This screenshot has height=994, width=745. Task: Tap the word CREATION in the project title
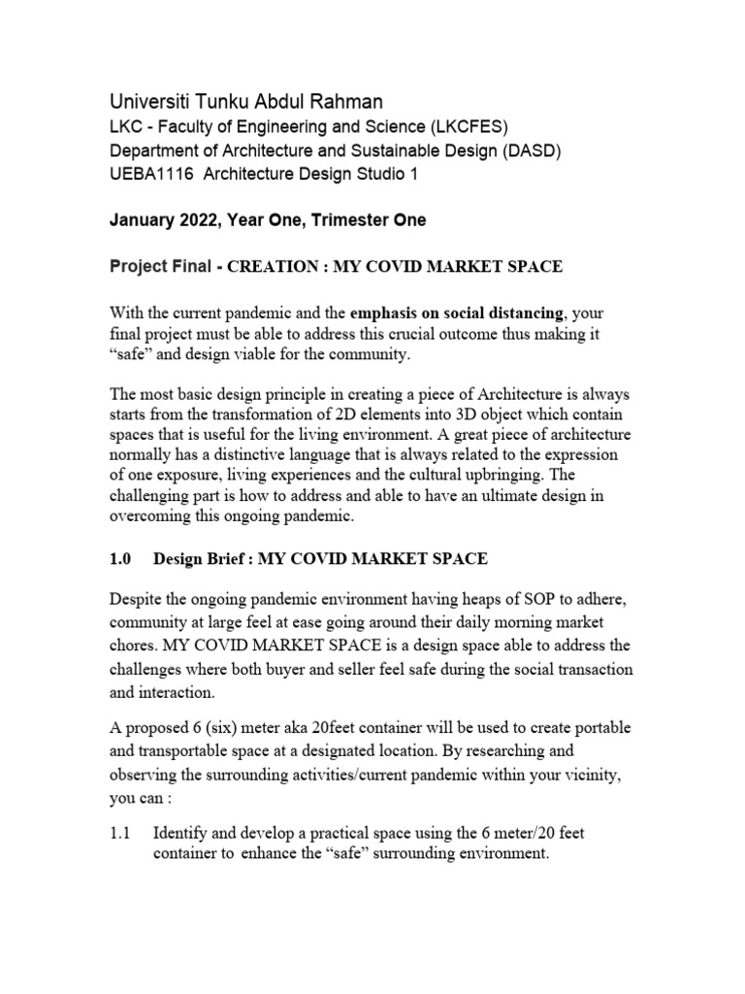273,265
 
